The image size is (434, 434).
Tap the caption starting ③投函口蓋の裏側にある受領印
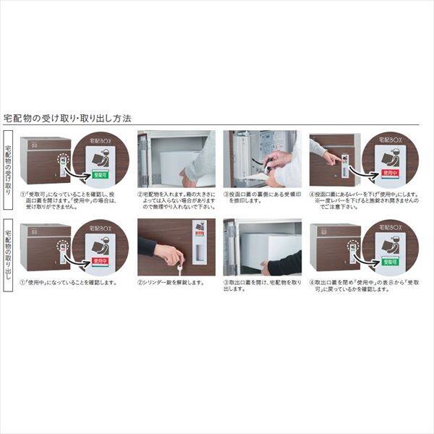[x=259, y=198]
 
